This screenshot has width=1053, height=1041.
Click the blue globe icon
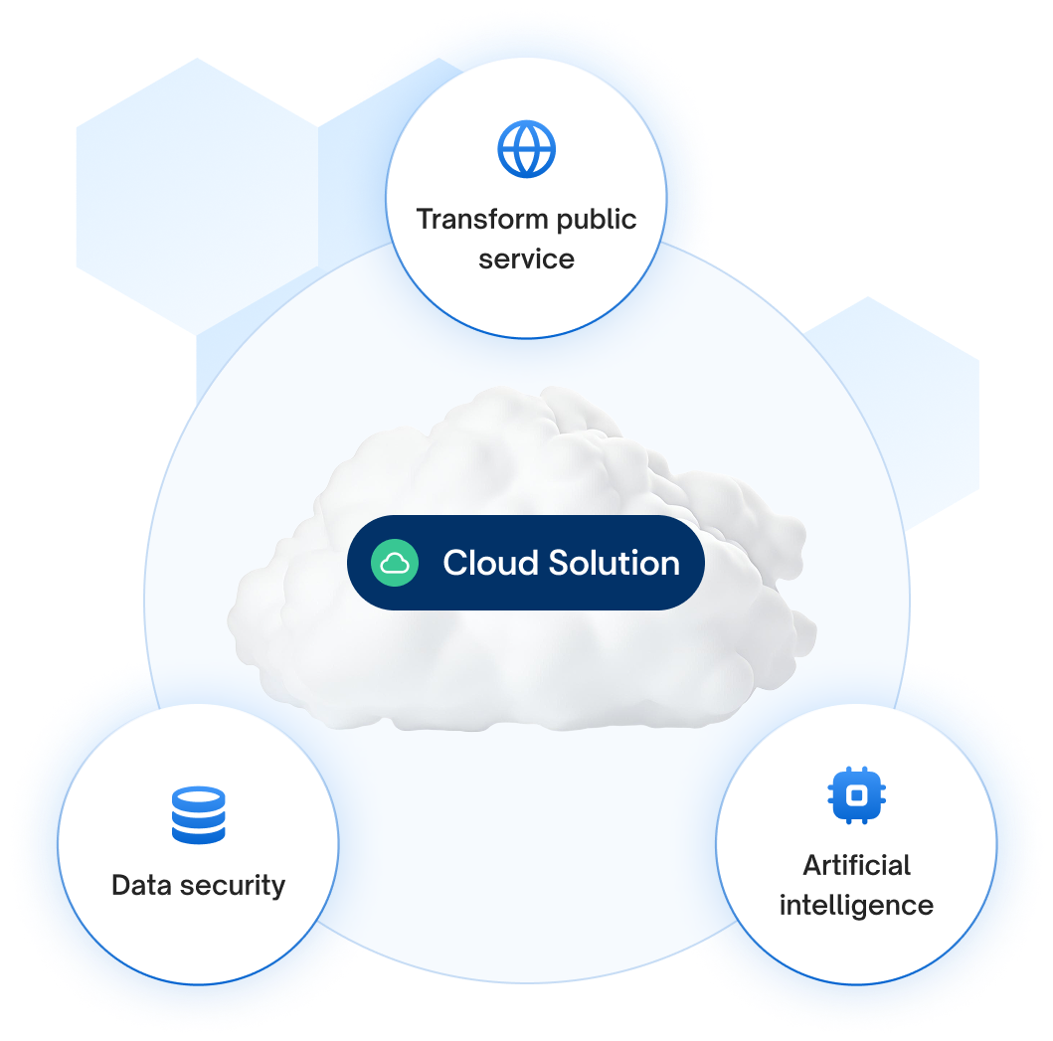point(526,150)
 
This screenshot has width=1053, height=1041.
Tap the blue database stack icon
point(199,815)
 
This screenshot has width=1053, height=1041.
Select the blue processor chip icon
point(856,794)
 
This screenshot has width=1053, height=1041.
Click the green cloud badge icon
point(395,563)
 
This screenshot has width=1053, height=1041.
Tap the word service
point(526,260)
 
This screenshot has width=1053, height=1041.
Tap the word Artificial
point(856,865)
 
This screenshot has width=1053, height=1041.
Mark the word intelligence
point(856,906)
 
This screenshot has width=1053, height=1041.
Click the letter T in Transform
point(424,219)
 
